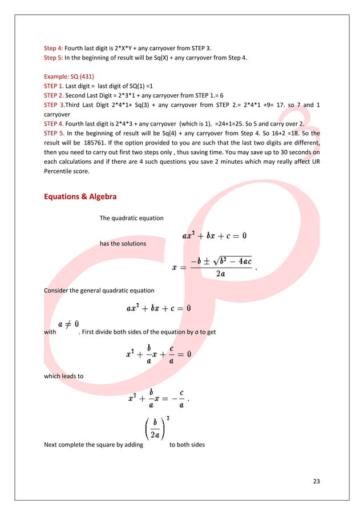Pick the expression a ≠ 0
click(68, 324)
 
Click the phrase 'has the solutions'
click(122, 244)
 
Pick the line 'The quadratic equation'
click(131, 218)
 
